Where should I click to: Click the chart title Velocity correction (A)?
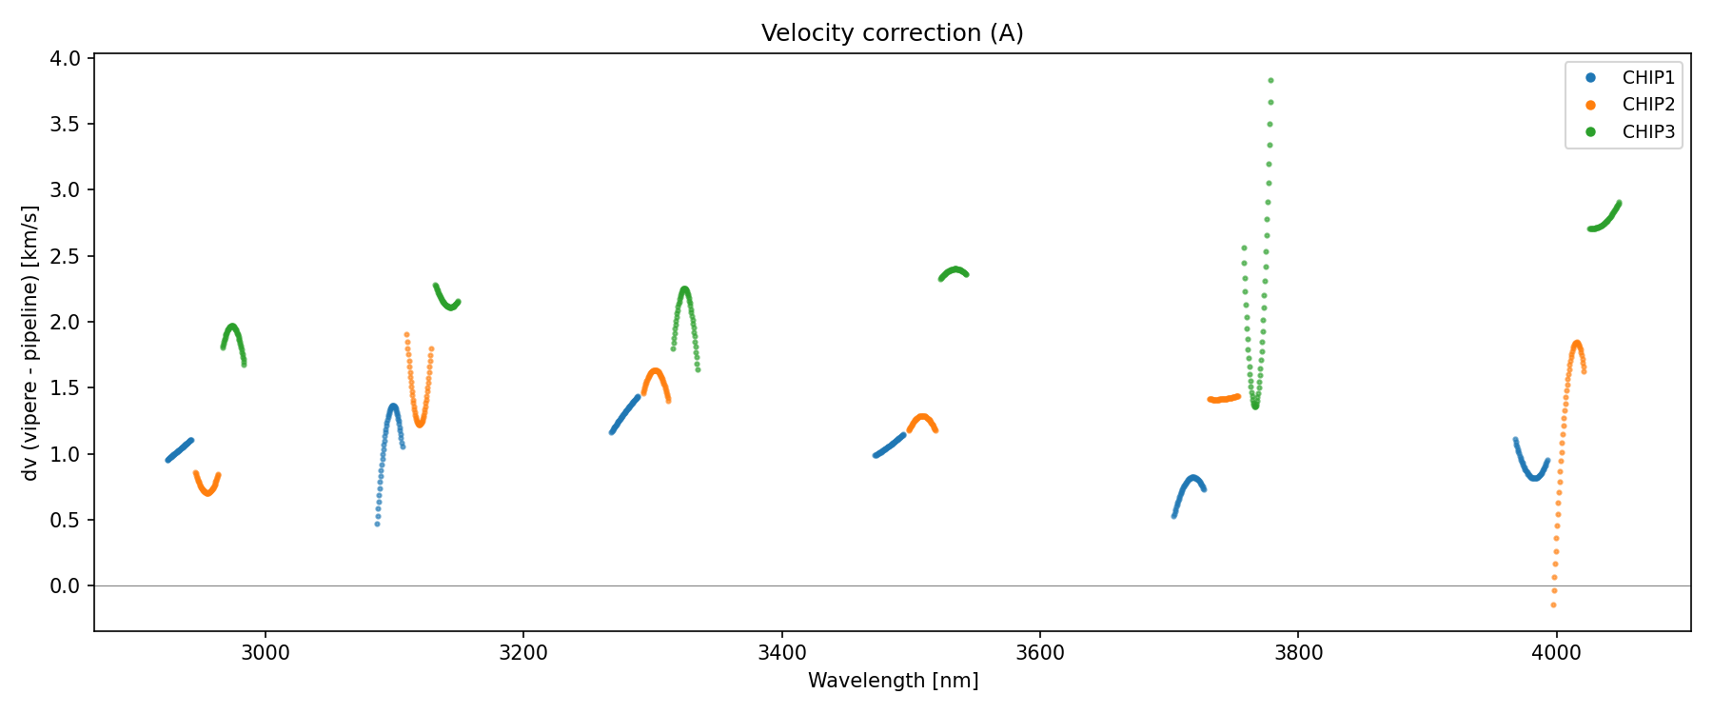[x=892, y=33]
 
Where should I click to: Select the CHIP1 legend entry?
[x=1647, y=78]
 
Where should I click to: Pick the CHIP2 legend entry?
[x=1647, y=105]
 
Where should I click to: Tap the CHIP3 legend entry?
[x=1647, y=132]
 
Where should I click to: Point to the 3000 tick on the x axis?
[x=265, y=652]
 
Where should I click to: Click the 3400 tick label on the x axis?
[x=781, y=652]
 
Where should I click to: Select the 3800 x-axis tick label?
[x=1298, y=652]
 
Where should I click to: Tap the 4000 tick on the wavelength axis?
[x=1556, y=652]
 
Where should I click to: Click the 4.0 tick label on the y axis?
[x=67, y=59]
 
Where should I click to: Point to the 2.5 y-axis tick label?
[x=67, y=256]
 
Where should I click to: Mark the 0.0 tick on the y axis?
[x=67, y=585]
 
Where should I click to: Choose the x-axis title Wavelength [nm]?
[x=893, y=681]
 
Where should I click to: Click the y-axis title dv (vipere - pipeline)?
[x=30, y=343]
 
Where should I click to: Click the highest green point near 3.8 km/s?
[x=1270, y=81]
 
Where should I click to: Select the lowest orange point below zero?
[x=1553, y=605]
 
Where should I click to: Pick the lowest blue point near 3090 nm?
[x=377, y=524]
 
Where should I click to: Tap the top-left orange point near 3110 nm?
[x=406, y=335]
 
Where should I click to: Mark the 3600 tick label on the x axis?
[x=1039, y=652]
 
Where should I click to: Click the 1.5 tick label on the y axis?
[x=67, y=387]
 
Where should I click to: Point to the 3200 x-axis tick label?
[x=522, y=652]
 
